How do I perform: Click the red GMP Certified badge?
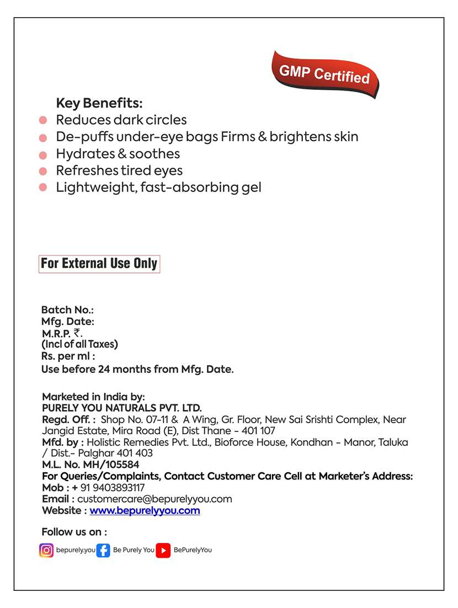tap(324, 74)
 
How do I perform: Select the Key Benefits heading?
tap(99, 103)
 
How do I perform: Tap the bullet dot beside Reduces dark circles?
tap(43, 120)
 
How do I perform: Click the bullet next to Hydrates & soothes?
tap(43, 154)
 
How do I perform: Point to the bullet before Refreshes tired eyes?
tap(43, 171)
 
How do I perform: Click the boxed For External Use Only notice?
tap(99, 264)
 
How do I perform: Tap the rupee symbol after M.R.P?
tap(77, 333)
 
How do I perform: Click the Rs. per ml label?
tap(68, 356)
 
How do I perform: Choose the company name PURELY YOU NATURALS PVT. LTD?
tap(122, 408)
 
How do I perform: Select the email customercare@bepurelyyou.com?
tap(155, 499)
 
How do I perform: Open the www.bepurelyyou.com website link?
tap(145, 510)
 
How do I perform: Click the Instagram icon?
tap(46, 550)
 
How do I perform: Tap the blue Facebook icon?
tap(103, 550)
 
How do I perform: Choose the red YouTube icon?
tap(163, 550)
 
